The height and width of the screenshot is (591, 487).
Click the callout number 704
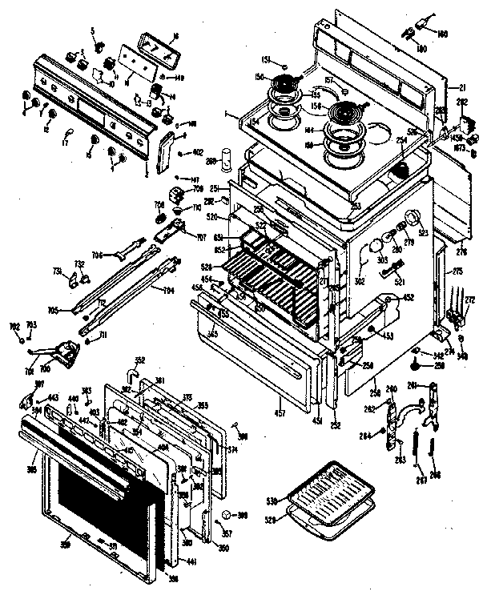coord(169,290)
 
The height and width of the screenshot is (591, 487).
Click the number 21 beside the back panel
coord(461,86)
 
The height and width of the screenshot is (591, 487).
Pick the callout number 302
coord(359,282)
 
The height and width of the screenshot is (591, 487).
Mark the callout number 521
coord(399,283)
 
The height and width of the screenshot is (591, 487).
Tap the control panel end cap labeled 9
coord(166,149)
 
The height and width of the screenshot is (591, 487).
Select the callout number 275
coord(457,272)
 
